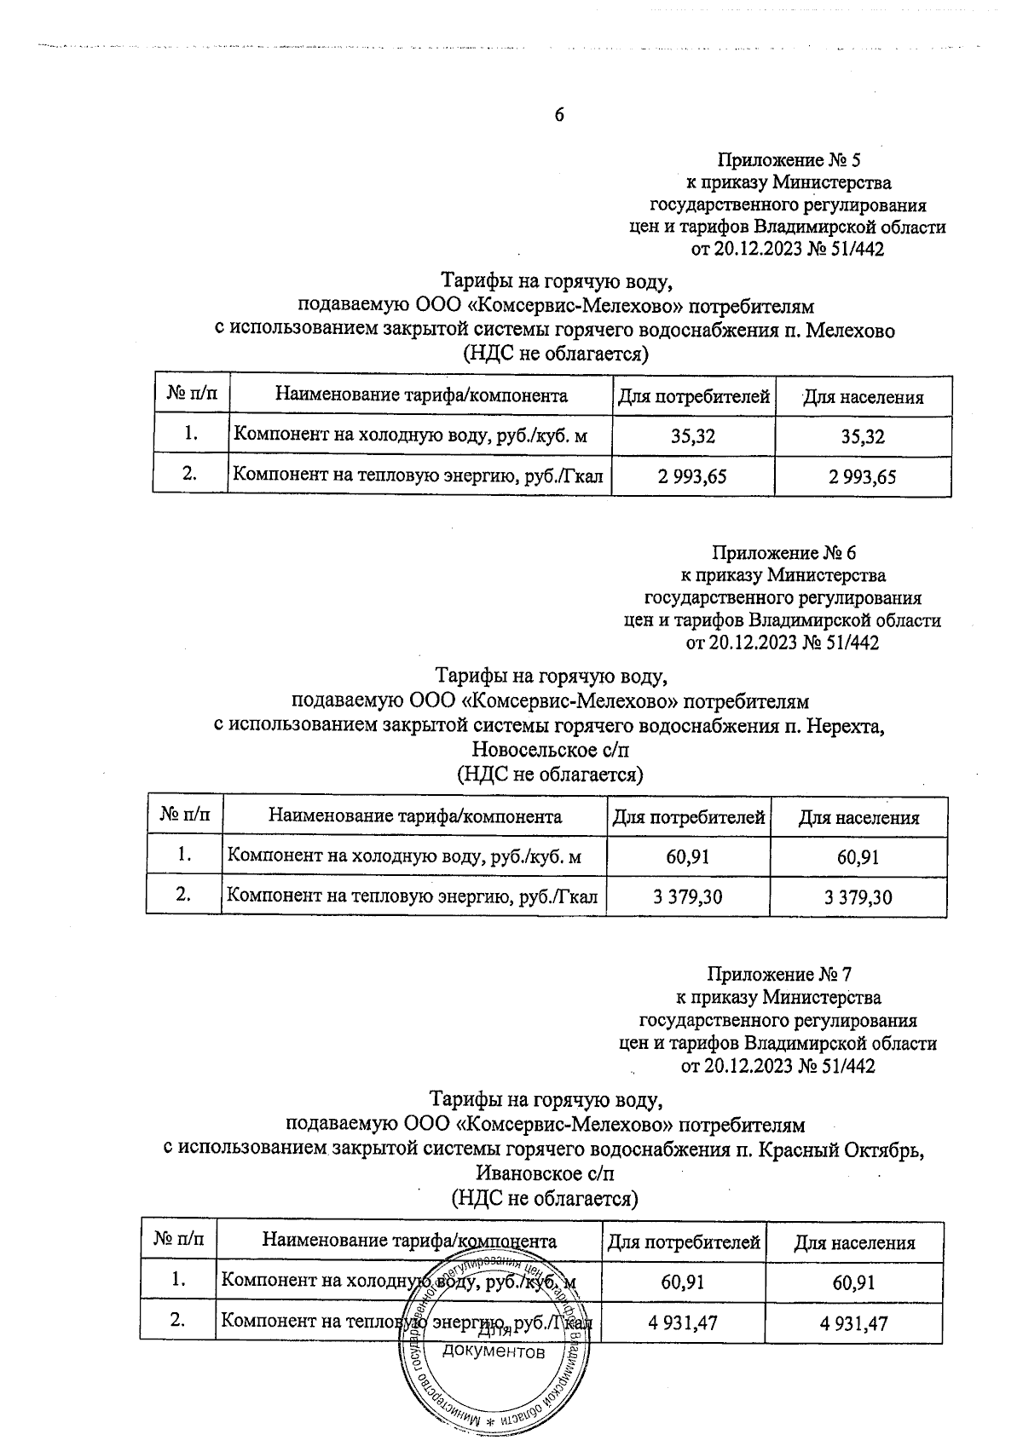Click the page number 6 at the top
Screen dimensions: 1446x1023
559,115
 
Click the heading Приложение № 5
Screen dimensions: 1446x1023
789,159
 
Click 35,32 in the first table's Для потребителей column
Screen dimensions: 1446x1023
692,437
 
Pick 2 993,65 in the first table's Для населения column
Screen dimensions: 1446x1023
862,476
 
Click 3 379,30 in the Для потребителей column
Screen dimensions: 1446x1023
687,896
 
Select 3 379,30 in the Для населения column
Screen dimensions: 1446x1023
858,896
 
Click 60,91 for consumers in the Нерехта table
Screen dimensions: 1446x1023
687,856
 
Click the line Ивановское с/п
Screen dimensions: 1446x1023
544,1173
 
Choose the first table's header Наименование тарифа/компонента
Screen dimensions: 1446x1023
420,396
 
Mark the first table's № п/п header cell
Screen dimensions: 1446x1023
191,395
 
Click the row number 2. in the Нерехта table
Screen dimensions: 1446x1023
183,895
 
